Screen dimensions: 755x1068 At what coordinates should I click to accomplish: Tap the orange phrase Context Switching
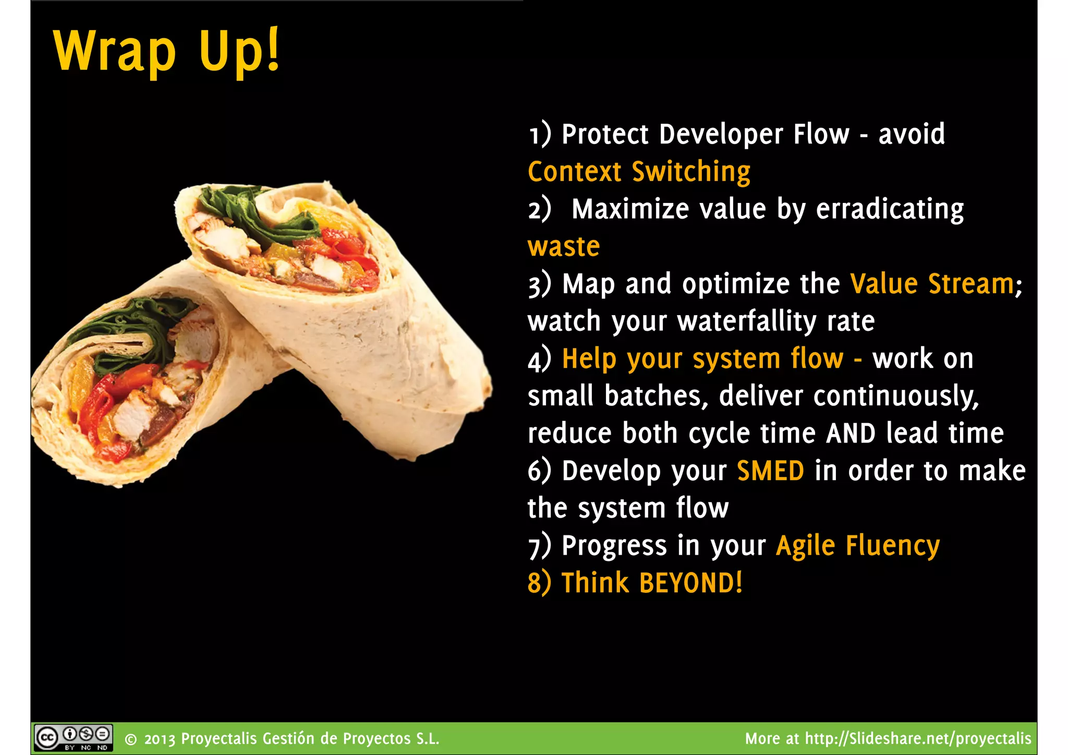[639, 172]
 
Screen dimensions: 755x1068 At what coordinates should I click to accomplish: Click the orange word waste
[564, 247]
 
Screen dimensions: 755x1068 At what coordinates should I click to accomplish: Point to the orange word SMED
[770, 471]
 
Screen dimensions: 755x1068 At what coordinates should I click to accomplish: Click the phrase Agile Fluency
[858, 546]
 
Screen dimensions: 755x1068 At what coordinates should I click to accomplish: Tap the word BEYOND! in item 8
[690, 583]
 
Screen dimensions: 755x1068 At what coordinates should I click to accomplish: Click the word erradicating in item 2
[890, 210]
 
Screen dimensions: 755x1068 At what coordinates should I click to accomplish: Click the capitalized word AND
[851, 434]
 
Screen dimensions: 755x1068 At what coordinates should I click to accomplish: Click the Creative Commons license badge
[73, 738]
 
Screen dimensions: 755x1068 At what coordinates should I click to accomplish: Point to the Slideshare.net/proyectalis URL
[918, 739]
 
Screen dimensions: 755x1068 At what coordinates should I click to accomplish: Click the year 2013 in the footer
[160, 739]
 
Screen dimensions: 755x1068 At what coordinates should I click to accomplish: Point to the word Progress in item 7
[614, 546]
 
